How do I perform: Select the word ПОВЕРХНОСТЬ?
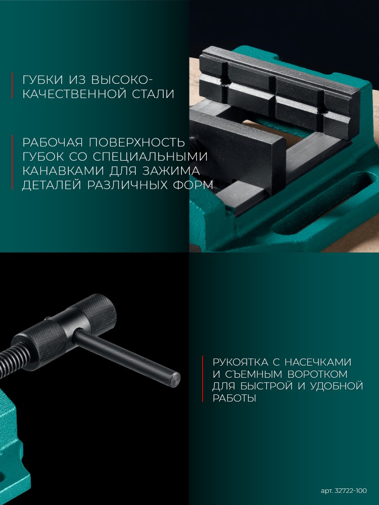[x=137, y=142]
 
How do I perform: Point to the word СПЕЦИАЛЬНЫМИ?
[x=150, y=157]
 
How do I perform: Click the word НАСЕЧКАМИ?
[x=318, y=362]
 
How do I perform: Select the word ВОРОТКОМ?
[x=317, y=374]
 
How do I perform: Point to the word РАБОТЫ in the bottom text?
[x=234, y=398]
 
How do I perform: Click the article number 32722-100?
[x=351, y=491]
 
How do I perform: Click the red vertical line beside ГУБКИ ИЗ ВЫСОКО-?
[x=12, y=85]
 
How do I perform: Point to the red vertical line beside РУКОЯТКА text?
[x=203, y=379]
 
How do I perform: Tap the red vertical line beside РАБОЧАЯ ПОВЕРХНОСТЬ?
[x=12, y=162]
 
